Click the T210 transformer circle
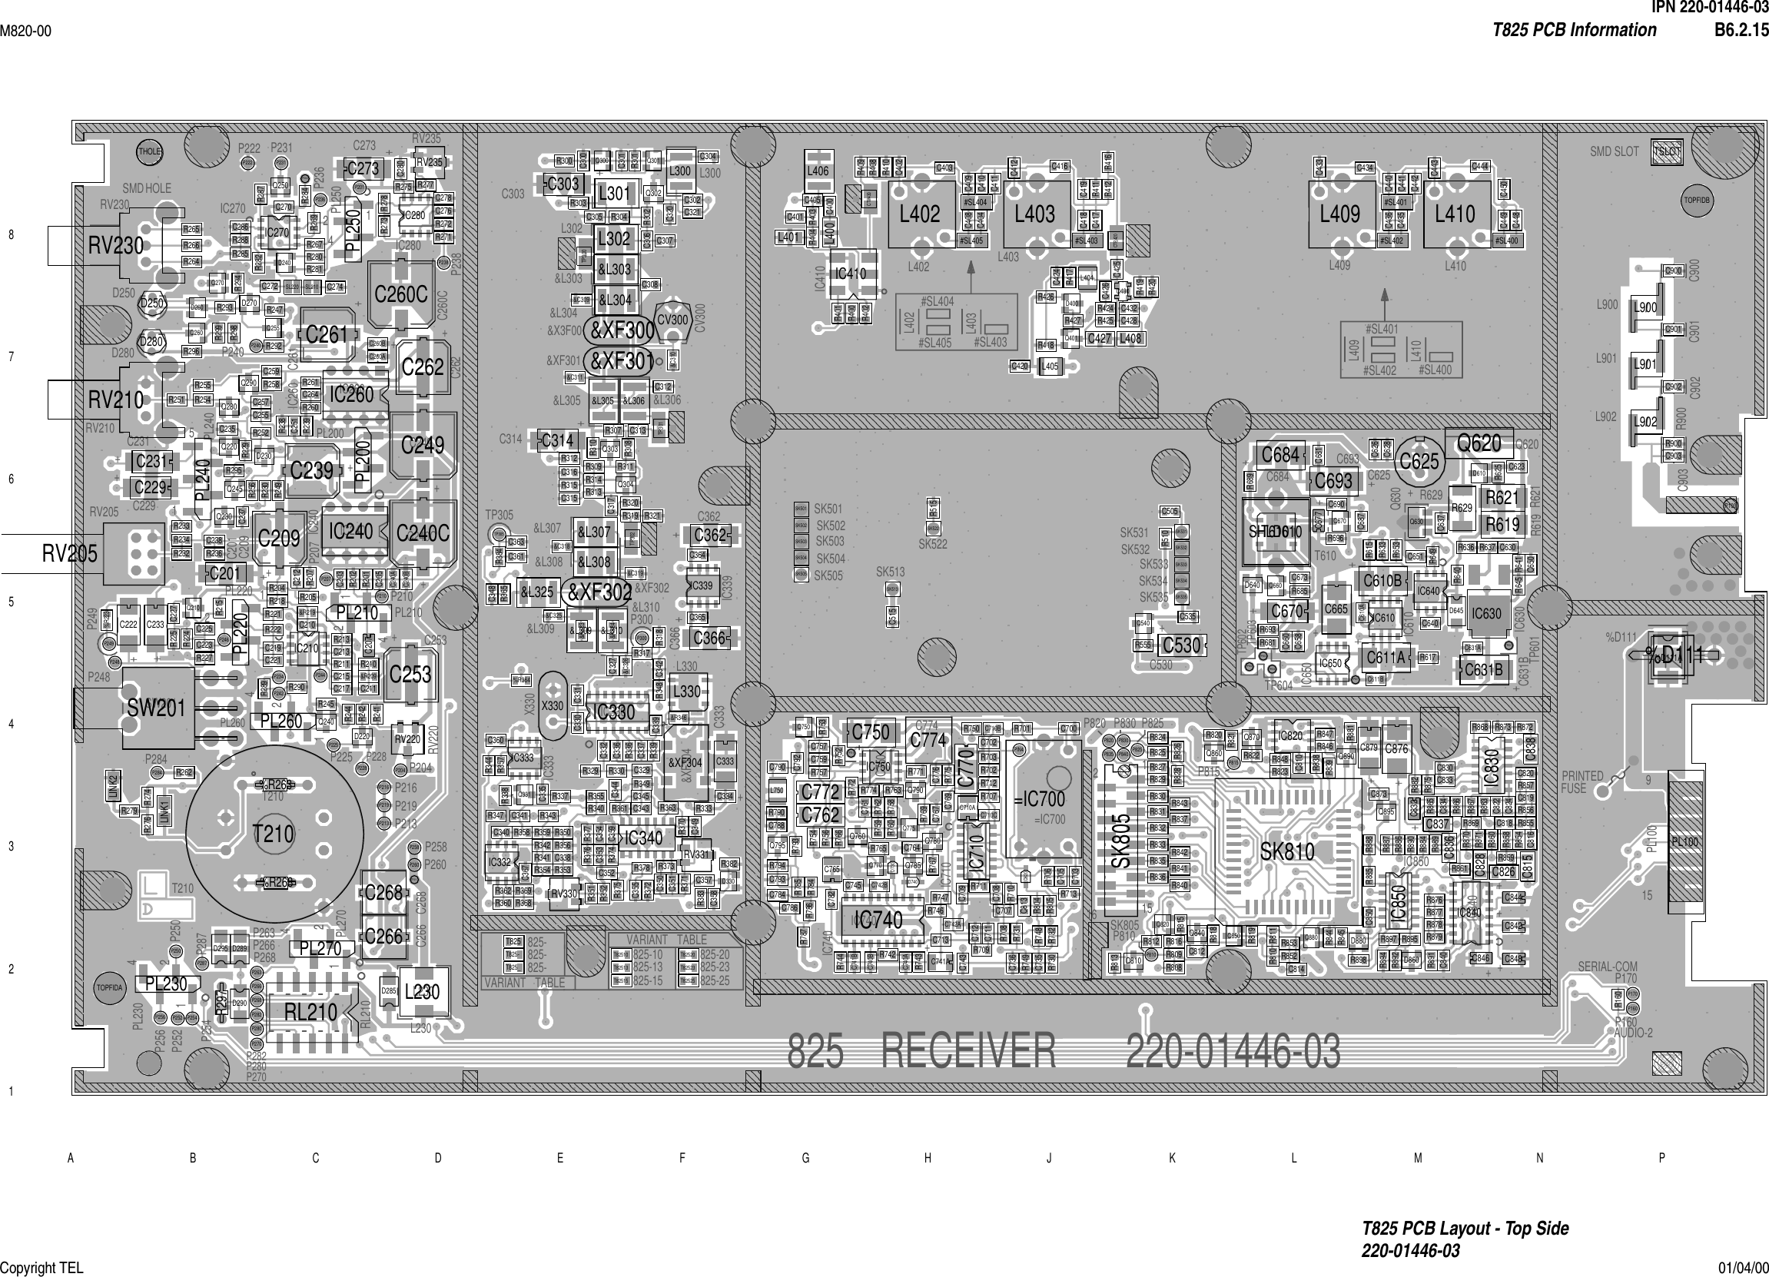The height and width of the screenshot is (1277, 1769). pyautogui.click(x=274, y=834)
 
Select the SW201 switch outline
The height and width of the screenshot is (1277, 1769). pyautogui.click(x=156, y=708)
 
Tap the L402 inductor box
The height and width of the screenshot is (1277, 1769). pyautogui.click(x=921, y=214)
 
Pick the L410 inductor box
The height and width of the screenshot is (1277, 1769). pyautogui.click(x=1455, y=214)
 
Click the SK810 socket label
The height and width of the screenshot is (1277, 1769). pyautogui.click(x=1287, y=851)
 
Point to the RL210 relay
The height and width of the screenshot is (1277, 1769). pyautogui.click(x=310, y=1013)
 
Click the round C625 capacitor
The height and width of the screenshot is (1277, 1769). pyautogui.click(x=1419, y=461)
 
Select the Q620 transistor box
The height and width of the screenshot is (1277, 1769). pyautogui.click(x=1479, y=443)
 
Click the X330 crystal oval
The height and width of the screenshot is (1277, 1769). pyautogui.click(x=553, y=706)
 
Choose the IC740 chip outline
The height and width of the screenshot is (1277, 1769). pyautogui.click(x=878, y=920)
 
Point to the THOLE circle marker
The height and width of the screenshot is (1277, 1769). pyautogui.click(x=149, y=152)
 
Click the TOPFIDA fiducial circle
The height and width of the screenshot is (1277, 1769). pyautogui.click(x=109, y=987)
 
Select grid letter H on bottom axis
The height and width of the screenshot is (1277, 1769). pyautogui.click(x=928, y=1159)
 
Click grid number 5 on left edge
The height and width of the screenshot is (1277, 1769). pyautogui.click(x=11, y=602)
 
